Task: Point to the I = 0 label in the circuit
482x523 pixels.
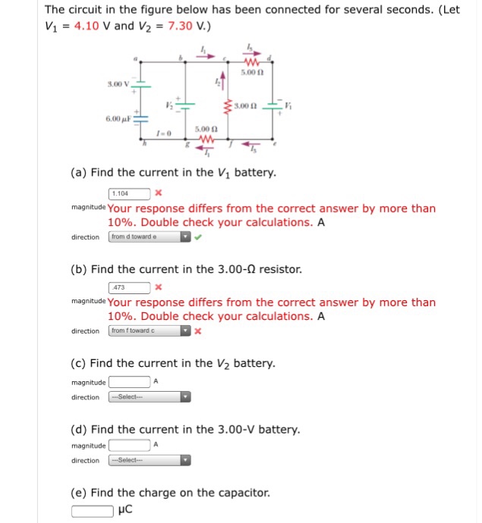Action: (163, 134)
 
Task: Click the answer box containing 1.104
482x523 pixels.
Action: (130, 193)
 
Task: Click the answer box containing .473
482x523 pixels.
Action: (130, 287)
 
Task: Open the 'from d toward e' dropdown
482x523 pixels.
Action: (150, 237)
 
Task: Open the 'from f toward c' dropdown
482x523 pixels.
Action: (150, 331)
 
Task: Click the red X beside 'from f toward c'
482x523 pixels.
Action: (198, 331)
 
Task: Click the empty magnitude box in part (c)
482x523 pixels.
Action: (129, 381)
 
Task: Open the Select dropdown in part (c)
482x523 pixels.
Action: (150, 397)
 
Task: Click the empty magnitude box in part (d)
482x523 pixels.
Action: (129, 445)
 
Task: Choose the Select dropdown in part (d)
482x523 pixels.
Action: (150, 461)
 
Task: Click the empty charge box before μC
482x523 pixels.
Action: (93, 509)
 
